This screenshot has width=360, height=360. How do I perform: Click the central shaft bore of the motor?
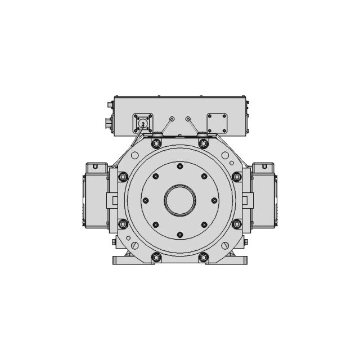pyautogui.click(x=180, y=200)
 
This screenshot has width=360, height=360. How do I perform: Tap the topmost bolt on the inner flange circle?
pyautogui.click(x=180, y=166)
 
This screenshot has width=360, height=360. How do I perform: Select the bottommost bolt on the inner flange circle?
pyautogui.click(x=180, y=235)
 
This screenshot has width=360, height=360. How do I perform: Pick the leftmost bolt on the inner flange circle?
pyautogui.click(x=146, y=200)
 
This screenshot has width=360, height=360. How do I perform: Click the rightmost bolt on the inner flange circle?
pyautogui.click(x=214, y=200)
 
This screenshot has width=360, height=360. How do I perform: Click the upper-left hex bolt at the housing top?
pyautogui.click(x=156, y=143)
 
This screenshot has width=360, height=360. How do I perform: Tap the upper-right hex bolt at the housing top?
pyautogui.click(x=204, y=143)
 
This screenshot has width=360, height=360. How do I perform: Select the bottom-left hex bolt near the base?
pyautogui.click(x=156, y=257)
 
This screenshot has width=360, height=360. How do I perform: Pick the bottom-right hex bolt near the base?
pyautogui.click(x=204, y=257)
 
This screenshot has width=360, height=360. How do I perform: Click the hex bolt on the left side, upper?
pyautogui.click(x=123, y=177)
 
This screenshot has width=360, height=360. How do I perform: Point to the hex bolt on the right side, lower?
pyautogui.click(x=237, y=224)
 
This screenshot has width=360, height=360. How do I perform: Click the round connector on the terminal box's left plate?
pyautogui.click(x=142, y=123)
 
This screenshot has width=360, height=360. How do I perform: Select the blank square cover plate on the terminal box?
pyautogui.click(x=217, y=123)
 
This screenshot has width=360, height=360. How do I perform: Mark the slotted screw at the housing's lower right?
pyautogui.click(x=226, y=246)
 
